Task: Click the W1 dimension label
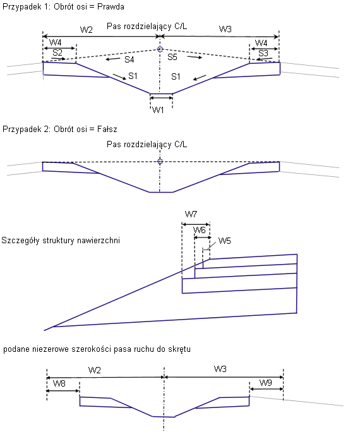[158, 110]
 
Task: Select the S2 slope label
[57, 52]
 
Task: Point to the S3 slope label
[263, 53]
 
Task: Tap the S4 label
[129, 59]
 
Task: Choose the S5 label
[172, 57]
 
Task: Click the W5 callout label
[224, 241]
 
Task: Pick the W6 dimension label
[200, 230]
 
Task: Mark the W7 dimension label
[191, 215]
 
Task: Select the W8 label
[59, 383]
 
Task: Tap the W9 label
[266, 383]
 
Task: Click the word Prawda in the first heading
[111, 7]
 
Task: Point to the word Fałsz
[107, 129]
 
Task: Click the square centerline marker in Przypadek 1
[160, 49]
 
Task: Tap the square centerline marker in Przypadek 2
[160, 161]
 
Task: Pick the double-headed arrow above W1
[161, 98]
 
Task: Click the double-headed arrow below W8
[63, 390]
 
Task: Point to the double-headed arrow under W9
[267, 389]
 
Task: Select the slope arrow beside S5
[195, 57]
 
